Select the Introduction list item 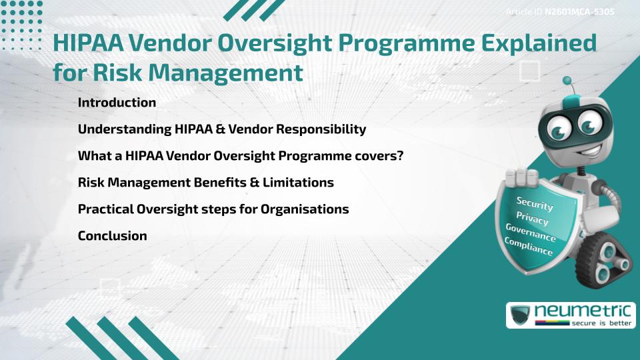click(x=117, y=103)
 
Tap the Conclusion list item click(x=112, y=235)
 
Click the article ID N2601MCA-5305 click(x=579, y=12)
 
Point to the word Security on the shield click(x=535, y=203)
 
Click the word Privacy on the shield click(x=533, y=219)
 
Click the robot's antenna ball click(x=567, y=81)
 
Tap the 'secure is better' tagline click(x=593, y=323)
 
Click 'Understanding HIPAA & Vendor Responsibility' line click(x=221, y=129)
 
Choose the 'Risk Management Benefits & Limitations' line click(x=205, y=182)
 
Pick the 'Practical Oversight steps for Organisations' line click(x=213, y=209)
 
